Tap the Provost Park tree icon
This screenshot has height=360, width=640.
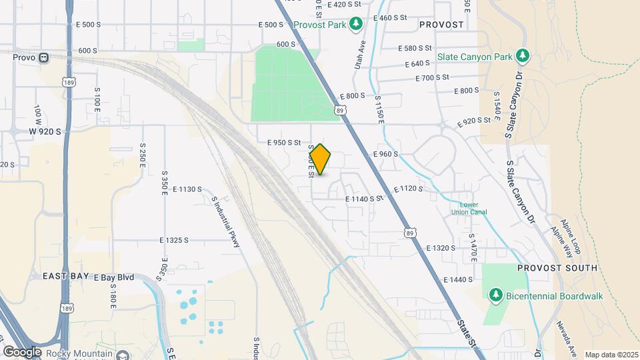[357, 25]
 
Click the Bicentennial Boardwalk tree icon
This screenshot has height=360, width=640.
[495, 294]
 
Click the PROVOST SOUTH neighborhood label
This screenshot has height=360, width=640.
[557, 268]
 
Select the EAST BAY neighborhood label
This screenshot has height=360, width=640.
[65, 275]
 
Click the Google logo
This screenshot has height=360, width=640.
[21, 351]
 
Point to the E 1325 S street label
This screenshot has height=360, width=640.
[174, 240]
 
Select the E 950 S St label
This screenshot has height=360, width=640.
[285, 143]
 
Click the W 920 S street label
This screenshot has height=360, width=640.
[45, 131]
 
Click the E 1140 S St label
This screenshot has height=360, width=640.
[365, 199]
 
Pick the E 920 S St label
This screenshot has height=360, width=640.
[478, 123]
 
